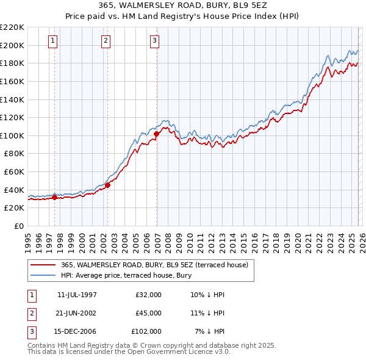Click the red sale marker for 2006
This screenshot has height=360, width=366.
point(157,134)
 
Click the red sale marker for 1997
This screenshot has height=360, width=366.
point(55,197)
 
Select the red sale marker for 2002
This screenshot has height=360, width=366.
point(108,185)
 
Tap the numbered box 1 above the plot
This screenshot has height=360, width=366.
point(53,41)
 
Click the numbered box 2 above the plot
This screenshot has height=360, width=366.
point(106,41)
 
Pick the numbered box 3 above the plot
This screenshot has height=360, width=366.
point(155,41)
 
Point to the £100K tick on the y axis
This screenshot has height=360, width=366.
point(12,135)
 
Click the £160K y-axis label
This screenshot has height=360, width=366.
point(12,81)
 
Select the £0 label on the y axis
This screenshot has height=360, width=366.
point(19,226)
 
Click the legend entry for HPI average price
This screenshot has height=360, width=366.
point(126,276)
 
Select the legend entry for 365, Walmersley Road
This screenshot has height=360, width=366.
point(154,265)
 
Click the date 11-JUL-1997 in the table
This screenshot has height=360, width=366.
point(77,295)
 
